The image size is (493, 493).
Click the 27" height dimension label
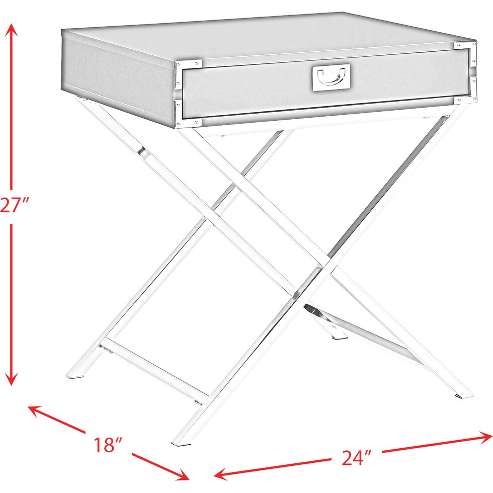tap(14, 205)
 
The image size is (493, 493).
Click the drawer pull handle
tap(331, 77)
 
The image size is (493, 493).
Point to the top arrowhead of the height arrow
tap(12, 30)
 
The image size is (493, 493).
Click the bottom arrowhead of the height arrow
tap(11, 379)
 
